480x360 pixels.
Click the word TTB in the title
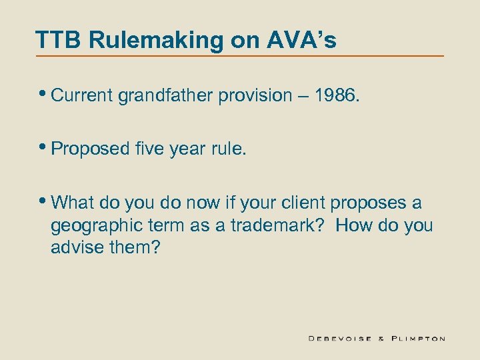(x=59, y=40)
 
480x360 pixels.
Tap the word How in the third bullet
(x=353, y=225)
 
